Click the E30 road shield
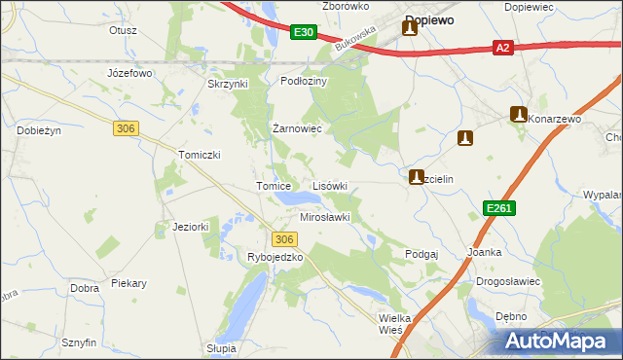point(304,33)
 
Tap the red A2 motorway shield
point(502,47)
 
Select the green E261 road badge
point(499,209)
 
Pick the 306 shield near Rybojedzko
point(282,239)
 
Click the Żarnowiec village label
point(296,128)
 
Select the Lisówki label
point(329,185)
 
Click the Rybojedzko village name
point(275,258)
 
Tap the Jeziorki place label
point(165,227)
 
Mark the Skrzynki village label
point(229,84)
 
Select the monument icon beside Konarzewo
point(518,115)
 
